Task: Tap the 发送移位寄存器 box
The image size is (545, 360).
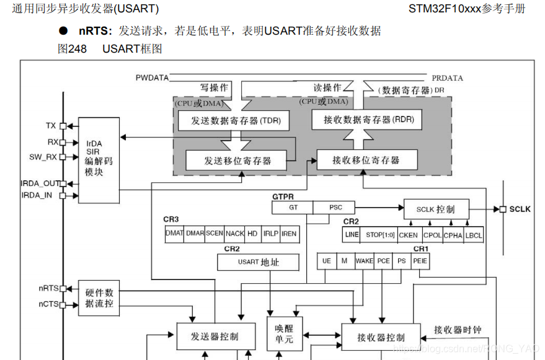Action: tap(237, 160)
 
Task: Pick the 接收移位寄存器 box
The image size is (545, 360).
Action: tap(366, 160)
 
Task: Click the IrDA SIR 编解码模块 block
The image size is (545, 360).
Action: tap(98, 160)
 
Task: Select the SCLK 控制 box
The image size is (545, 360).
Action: tap(436, 209)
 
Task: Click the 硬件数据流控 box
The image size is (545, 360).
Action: tap(99, 297)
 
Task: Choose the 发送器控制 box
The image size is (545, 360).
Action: tap(214, 336)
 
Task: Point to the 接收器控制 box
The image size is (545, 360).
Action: tap(381, 337)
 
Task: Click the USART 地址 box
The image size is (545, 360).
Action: tap(259, 262)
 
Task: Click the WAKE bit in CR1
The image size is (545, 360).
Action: tap(365, 261)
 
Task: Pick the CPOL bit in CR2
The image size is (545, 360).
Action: tap(432, 235)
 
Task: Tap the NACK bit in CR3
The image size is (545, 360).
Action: tap(234, 234)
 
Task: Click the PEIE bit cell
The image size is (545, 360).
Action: tap(420, 261)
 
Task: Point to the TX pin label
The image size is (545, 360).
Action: tap(50, 126)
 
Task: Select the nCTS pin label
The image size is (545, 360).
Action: tap(48, 304)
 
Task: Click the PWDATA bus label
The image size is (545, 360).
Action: tap(151, 78)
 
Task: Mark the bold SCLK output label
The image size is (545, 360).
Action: tap(520, 209)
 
